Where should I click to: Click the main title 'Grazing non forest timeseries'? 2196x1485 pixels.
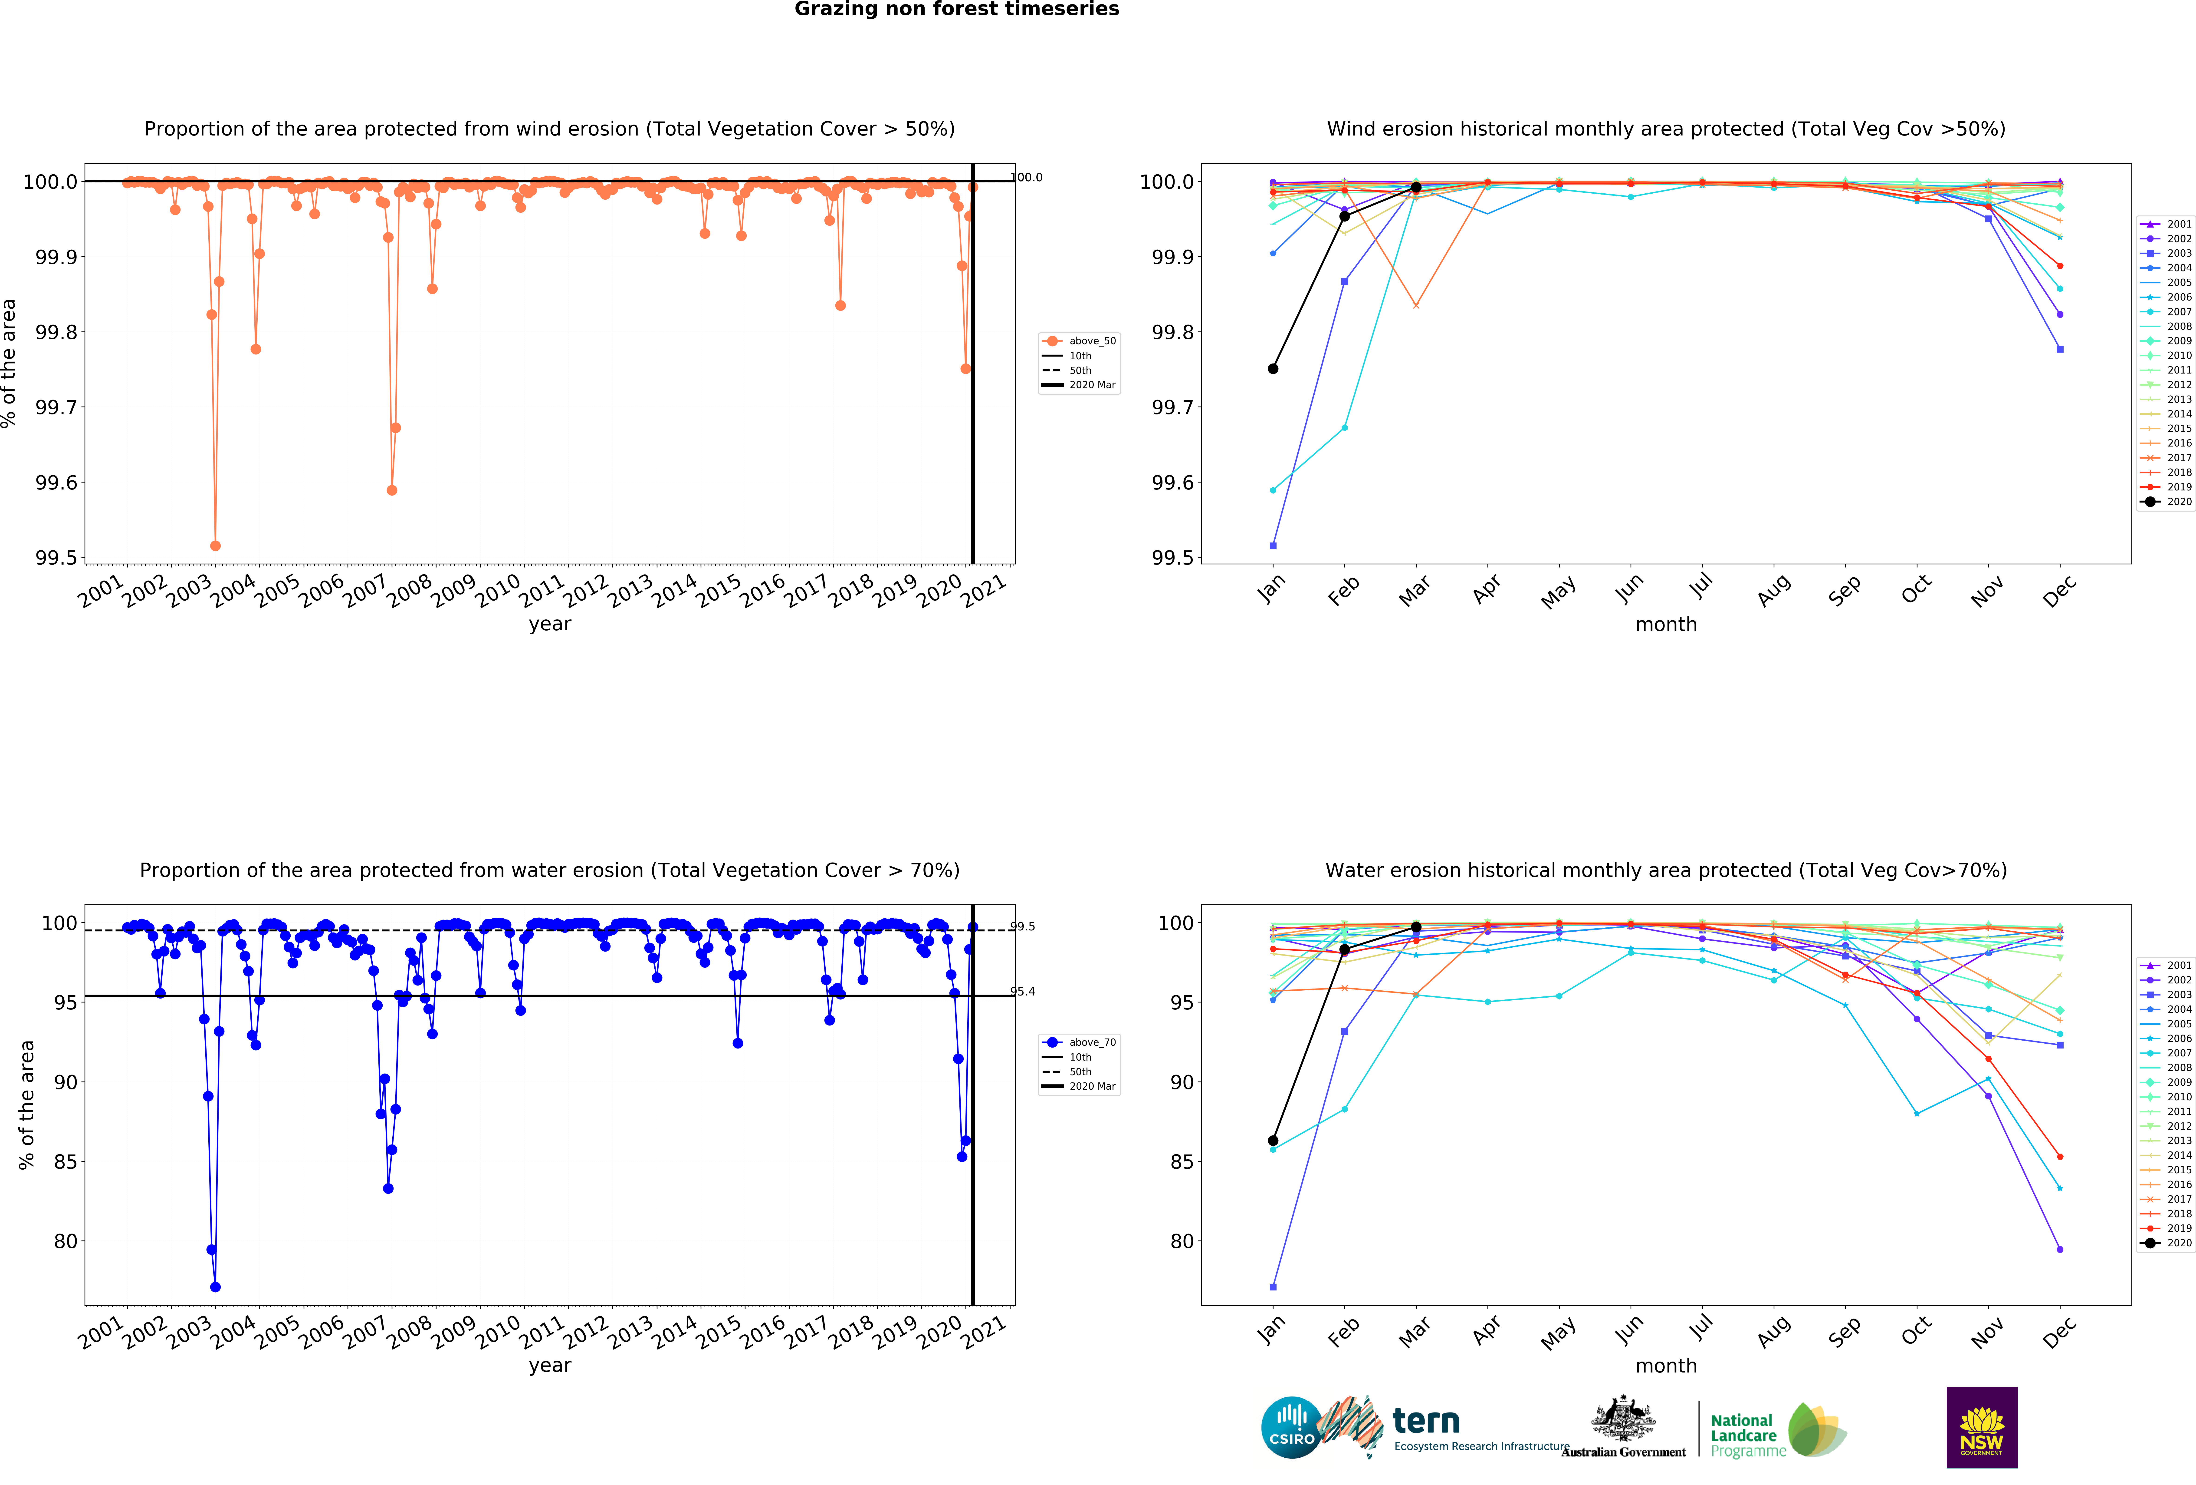tap(956, 10)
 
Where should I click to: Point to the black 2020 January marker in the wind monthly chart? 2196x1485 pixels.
tap(1273, 369)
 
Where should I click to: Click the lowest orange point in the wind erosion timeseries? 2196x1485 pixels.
tap(215, 546)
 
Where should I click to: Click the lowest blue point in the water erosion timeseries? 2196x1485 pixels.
tap(215, 1287)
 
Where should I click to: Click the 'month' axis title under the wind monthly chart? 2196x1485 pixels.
tap(1666, 624)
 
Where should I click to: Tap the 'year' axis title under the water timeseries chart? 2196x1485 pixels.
tap(550, 1365)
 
